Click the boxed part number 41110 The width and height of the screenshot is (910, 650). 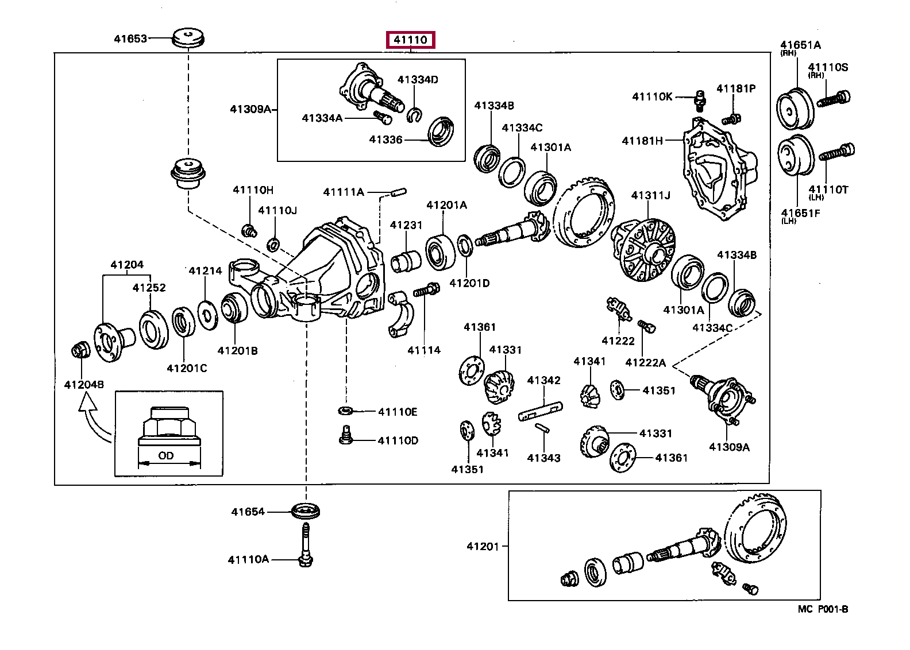click(x=410, y=40)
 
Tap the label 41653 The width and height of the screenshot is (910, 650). click(x=130, y=39)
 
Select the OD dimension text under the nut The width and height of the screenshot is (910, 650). click(x=166, y=456)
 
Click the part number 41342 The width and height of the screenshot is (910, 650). click(x=543, y=380)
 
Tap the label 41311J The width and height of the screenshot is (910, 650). click(x=651, y=196)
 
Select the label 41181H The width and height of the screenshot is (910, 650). click(x=642, y=141)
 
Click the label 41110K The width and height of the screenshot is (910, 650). click(x=652, y=96)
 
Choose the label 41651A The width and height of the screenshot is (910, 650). click(x=800, y=45)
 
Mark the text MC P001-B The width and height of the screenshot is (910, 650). click(x=823, y=609)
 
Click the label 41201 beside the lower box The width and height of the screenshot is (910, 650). click(x=483, y=546)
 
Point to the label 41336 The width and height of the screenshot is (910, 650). click(x=385, y=139)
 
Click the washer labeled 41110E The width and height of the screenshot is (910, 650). click(x=346, y=411)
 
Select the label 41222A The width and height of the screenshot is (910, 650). click(x=645, y=362)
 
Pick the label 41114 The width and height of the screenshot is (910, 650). click(x=424, y=350)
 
